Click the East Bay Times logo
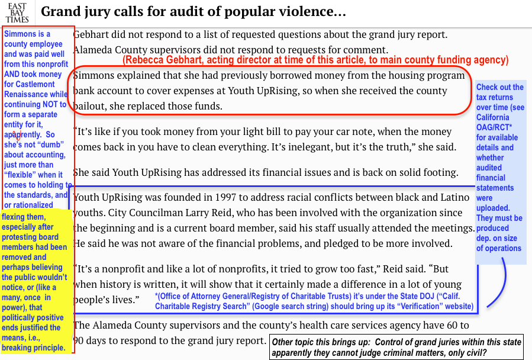pyautogui.click(x=17, y=12)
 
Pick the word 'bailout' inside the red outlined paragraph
pyautogui.click(x=89, y=107)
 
